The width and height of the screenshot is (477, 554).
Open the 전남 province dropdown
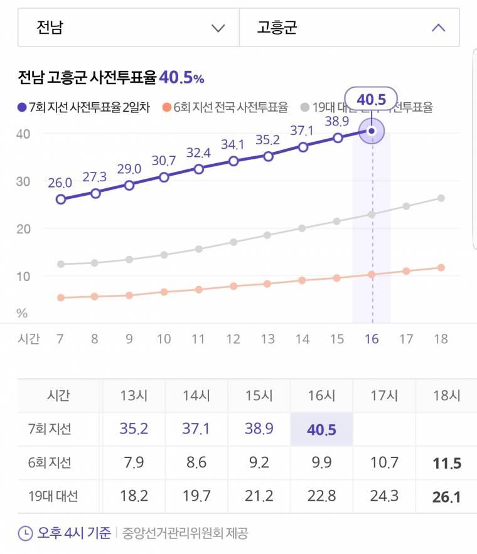click(x=128, y=28)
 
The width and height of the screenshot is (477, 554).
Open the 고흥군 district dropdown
click(x=349, y=28)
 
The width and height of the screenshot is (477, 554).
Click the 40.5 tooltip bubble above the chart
click(x=371, y=99)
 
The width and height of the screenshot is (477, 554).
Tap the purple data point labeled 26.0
click(x=61, y=200)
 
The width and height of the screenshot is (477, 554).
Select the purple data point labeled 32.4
click(x=199, y=169)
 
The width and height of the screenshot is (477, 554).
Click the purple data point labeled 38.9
click(x=338, y=138)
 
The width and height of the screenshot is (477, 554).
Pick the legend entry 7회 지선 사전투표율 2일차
click(x=84, y=107)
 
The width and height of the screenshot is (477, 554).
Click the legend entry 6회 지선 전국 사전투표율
click(x=225, y=107)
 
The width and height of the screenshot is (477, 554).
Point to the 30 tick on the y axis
click(x=24, y=181)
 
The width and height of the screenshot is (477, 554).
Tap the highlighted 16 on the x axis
click(x=372, y=339)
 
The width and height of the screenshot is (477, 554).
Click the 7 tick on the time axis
click(x=60, y=339)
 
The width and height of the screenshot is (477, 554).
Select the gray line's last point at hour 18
click(x=441, y=198)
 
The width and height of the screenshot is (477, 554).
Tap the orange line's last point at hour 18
click(x=441, y=268)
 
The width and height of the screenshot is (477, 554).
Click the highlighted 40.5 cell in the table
click(x=321, y=430)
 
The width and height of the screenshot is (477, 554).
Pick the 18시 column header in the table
click(x=446, y=396)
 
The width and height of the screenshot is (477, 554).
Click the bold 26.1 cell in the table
click(x=446, y=497)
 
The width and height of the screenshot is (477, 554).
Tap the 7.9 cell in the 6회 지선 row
click(x=134, y=464)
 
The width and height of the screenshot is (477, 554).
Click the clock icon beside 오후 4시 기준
click(x=25, y=534)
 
